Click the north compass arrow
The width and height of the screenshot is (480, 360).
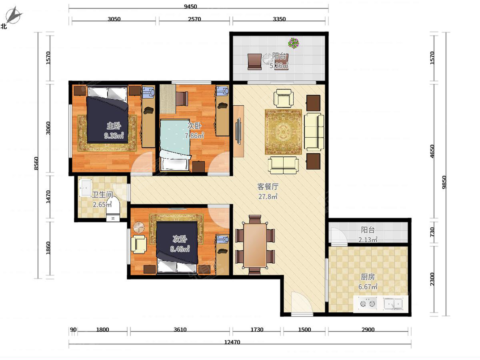pyautogui.click(x=14, y=15)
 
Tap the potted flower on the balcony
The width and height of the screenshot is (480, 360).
pyautogui.click(x=294, y=43)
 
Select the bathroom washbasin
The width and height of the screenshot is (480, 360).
pyautogui.click(x=85, y=188)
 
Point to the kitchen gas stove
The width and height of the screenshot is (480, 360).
pyautogui.click(x=367, y=304)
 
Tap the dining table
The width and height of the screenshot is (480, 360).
pyautogui.click(x=255, y=245)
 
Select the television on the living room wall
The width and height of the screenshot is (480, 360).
pyautogui.click(x=238, y=131)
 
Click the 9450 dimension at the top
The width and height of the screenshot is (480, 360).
pyautogui.click(x=190, y=6)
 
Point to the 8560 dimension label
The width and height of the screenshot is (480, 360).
pyautogui.click(x=36, y=163)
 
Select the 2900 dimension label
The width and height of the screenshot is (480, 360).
pyautogui.click(x=368, y=329)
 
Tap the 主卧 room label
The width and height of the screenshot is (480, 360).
pyautogui.click(x=114, y=126)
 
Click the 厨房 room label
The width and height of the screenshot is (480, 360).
pyautogui.click(x=368, y=277)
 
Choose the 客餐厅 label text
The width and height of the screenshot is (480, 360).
pyautogui.click(x=268, y=187)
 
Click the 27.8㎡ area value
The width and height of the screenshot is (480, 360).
pyautogui.click(x=268, y=196)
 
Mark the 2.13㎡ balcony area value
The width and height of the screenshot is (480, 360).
pyautogui.click(x=368, y=240)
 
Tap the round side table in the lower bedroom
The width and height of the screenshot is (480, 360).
pyautogui.click(x=139, y=228)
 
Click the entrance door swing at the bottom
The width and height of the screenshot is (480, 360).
pyautogui.click(x=302, y=302)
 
